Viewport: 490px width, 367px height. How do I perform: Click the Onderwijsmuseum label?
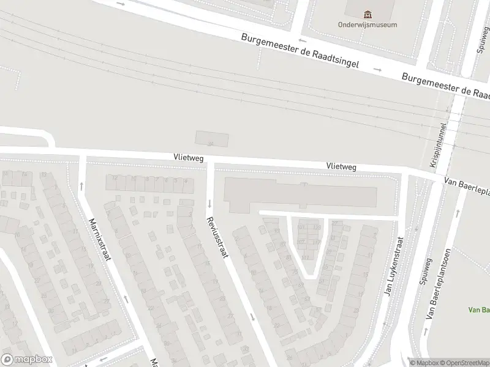coord(367,25)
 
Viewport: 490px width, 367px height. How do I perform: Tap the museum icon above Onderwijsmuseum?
coord(367,14)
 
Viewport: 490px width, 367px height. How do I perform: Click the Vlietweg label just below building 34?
coord(188,158)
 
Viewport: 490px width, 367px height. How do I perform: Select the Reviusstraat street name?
coord(217,236)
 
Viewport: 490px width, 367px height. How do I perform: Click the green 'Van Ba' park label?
coord(478,310)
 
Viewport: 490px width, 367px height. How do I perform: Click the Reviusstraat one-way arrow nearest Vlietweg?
coord(209,202)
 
